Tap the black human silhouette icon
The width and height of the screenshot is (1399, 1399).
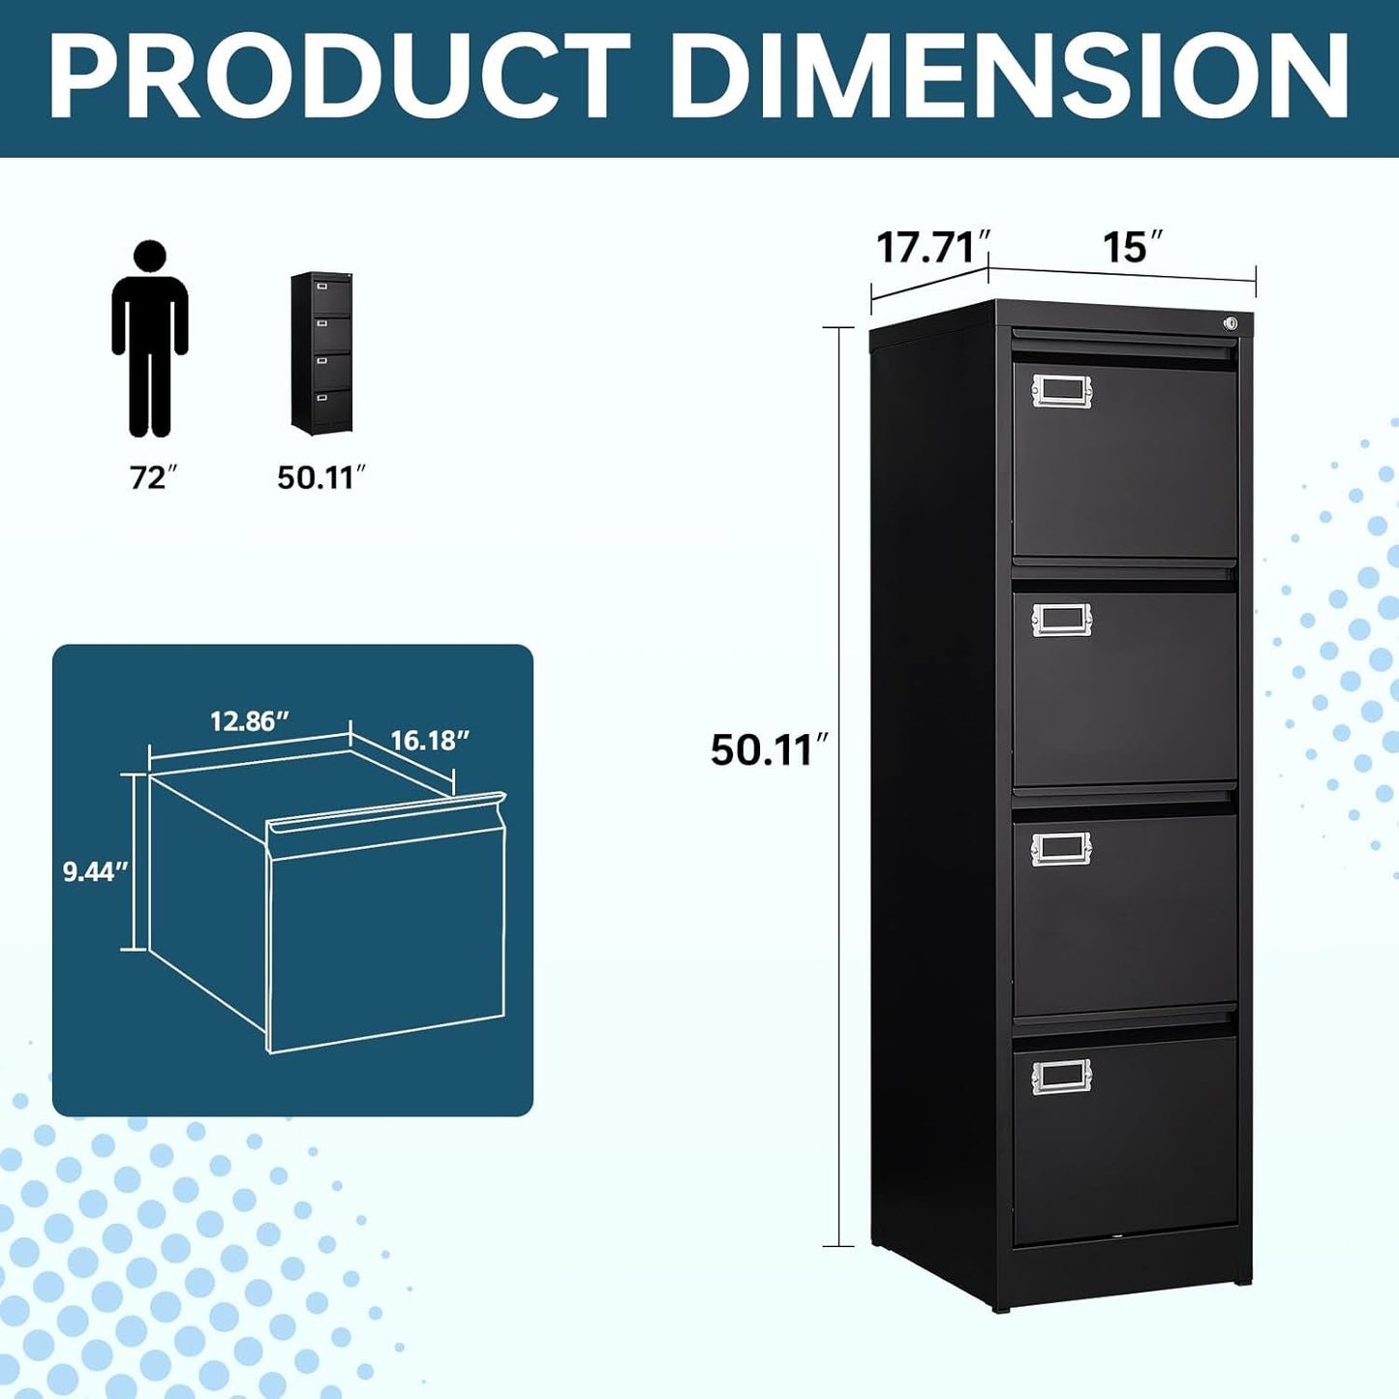150,339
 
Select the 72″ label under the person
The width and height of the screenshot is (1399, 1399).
154,477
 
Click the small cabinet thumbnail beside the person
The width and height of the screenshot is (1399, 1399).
321,352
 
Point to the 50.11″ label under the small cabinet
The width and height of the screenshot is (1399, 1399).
321,477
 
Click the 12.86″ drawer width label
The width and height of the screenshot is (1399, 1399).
250,721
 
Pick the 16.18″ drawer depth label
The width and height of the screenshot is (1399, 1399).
430,741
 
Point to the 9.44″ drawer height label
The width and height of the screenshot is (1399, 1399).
95,871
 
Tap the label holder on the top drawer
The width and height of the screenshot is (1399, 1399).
1061,390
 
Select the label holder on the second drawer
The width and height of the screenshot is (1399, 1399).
1061,620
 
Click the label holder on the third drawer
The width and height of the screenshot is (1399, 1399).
1061,848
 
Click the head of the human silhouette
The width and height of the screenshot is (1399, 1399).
150,257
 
